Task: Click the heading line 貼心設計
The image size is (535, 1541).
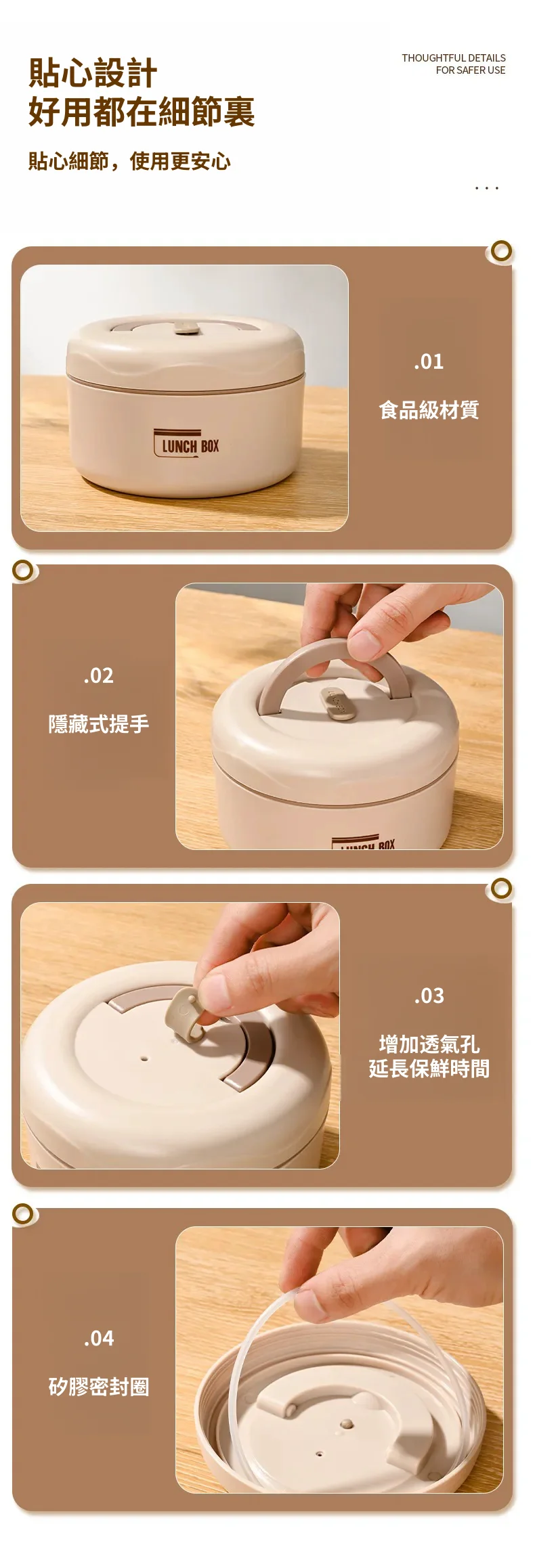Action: coord(93,73)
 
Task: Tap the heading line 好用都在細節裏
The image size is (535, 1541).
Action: coord(142,112)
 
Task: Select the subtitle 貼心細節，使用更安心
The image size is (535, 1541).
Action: coord(129,161)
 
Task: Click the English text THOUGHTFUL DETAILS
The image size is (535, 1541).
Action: coord(454,58)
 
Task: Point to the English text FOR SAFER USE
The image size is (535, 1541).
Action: coord(471,70)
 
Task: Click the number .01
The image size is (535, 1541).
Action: coord(429,361)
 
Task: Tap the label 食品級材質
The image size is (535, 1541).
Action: coord(429,410)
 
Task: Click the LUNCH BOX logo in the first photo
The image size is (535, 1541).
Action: coord(186,444)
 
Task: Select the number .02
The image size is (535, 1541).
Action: coord(99,675)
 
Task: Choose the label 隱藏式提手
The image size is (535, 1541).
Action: coord(99,724)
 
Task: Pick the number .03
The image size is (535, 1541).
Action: coord(429,996)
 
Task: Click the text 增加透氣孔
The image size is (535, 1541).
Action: coord(429,1044)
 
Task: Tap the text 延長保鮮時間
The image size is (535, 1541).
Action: coord(429,1069)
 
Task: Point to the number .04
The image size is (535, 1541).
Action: coord(99,1338)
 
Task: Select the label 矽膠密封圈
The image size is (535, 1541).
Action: coord(99,1387)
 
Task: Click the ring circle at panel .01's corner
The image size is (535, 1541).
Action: coord(501,251)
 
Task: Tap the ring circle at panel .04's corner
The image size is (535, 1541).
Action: coord(23,1213)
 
